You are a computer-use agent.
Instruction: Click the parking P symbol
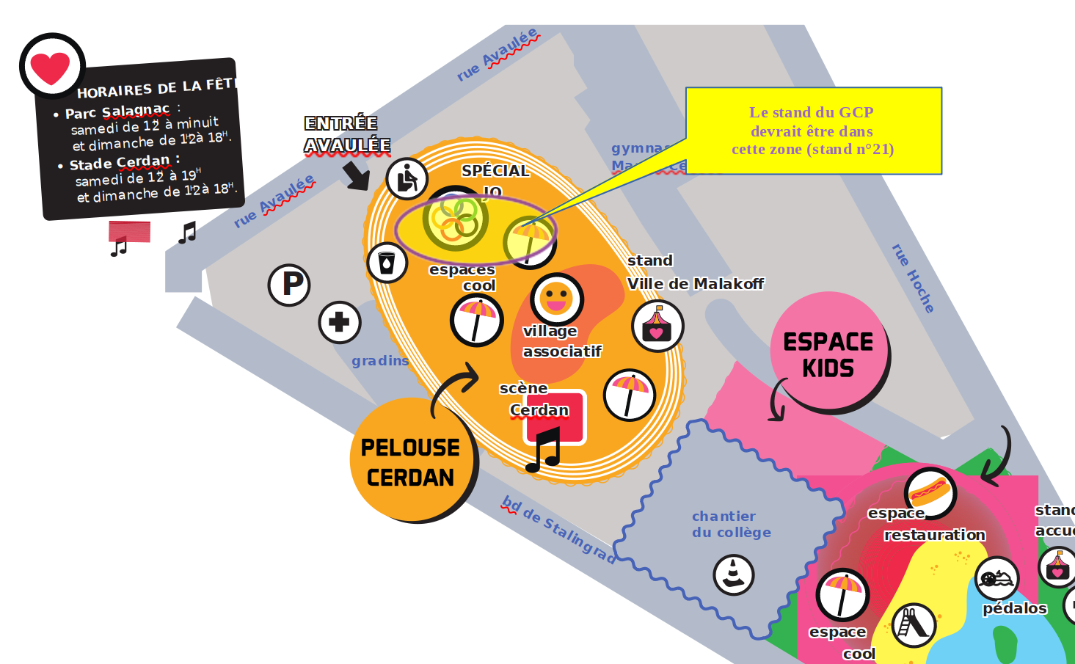(289, 285)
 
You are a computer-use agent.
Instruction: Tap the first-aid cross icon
(339, 322)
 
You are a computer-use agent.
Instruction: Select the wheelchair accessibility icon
(407, 178)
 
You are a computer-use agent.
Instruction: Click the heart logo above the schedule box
(51, 67)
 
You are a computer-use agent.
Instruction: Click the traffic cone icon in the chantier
(733, 574)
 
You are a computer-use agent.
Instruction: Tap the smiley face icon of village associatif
(556, 299)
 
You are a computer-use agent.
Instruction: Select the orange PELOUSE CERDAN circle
(412, 461)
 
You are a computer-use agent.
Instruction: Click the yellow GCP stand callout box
(813, 131)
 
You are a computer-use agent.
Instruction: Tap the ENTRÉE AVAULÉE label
(347, 134)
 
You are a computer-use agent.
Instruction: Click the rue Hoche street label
(913, 278)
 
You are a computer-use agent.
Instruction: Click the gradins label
(379, 361)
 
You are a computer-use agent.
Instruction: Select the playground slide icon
(913, 624)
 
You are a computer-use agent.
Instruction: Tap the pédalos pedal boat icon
(996, 578)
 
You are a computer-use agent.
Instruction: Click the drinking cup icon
(387, 262)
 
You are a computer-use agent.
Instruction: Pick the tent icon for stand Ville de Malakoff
(657, 326)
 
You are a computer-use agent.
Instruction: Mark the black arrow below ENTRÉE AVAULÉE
(357, 176)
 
